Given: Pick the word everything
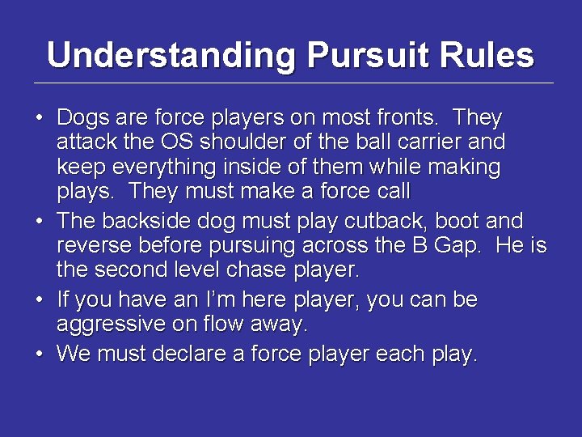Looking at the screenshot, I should tap(154, 168).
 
